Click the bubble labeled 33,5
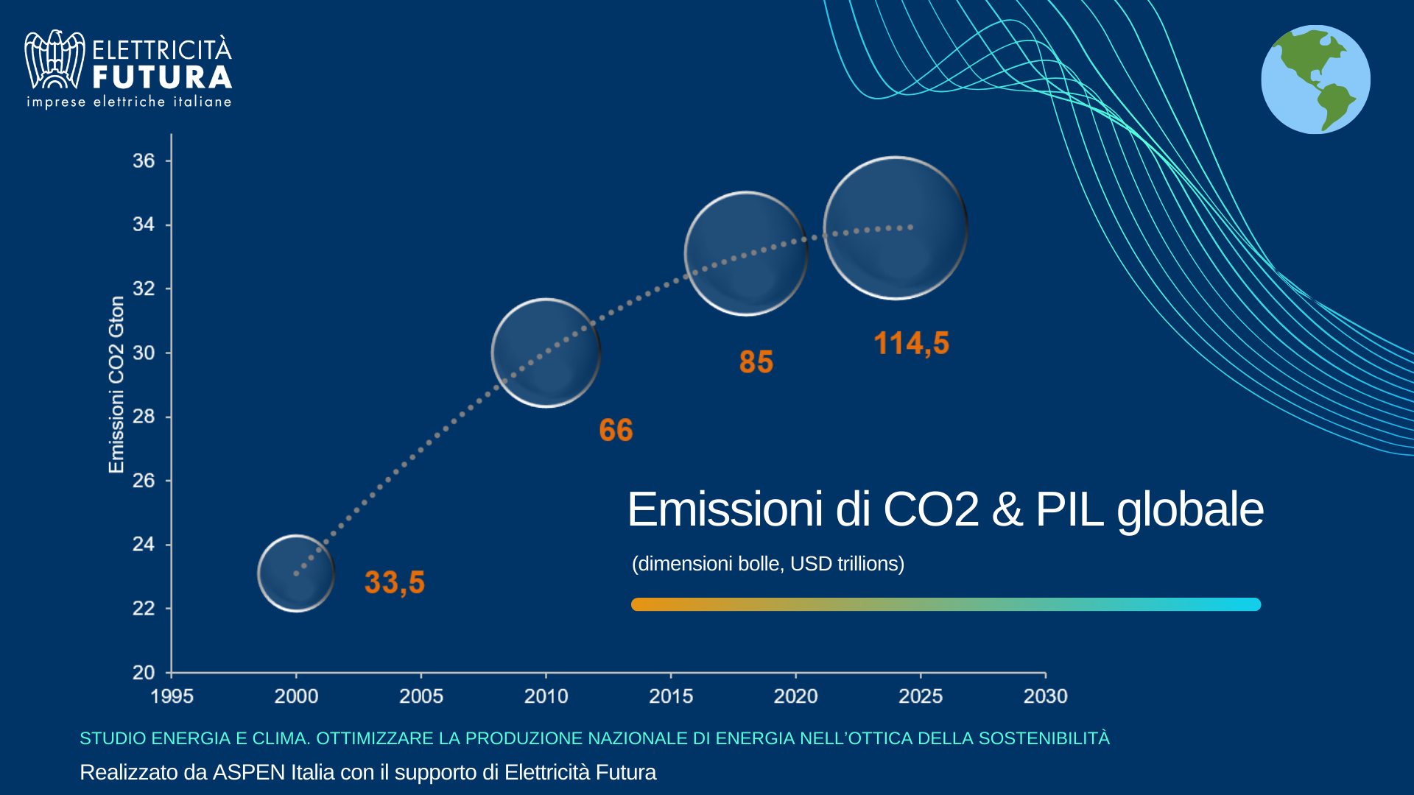pos(296,573)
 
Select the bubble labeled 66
pos(546,353)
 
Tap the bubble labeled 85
pos(745,253)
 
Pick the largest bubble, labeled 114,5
pos(896,228)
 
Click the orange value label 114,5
pos(911,344)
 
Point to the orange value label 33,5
pos(395,582)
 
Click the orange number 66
pos(616,430)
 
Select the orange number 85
pos(756,362)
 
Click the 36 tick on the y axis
pos(144,160)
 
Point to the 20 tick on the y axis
pos(144,672)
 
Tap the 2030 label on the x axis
pos(1045,696)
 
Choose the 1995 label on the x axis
pos(172,696)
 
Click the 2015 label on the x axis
pos(671,696)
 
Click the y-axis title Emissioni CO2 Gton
pos(116,384)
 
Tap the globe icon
pos(1315,79)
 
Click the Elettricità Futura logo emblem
pos(54,60)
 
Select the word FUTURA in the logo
pos(162,77)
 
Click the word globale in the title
pos(1190,509)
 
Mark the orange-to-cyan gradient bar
pos(946,604)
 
